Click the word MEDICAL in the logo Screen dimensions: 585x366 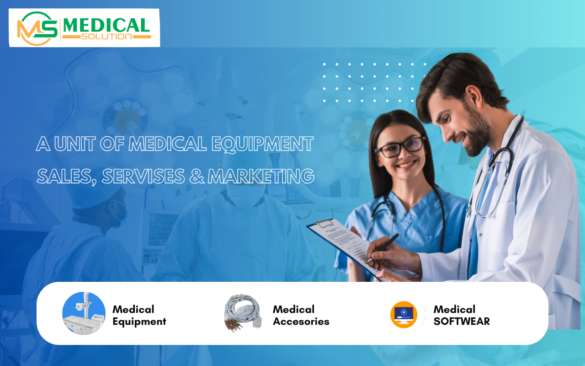pyautogui.click(x=106, y=25)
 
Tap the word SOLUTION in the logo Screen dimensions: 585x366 pyautogui.click(x=106, y=37)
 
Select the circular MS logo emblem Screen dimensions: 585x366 pyautogui.click(x=37, y=28)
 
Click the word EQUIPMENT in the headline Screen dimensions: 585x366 pyautogui.click(x=262, y=144)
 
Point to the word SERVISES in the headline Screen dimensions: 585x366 pyautogui.click(x=144, y=176)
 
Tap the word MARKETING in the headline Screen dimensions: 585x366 pyautogui.click(x=261, y=176)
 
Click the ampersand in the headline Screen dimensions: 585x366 pyautogui.click(x=197, y=176)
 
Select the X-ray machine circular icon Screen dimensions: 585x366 pyautogui.click(x=84, y=313)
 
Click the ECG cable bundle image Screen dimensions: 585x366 pyautogui.click(x=243, y=313)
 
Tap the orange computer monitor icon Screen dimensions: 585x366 pyautogui.click(x=404, y=314)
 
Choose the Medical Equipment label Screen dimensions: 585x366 pyautogui.click(x=139, y=315)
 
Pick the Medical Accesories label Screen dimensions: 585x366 pyautogui.click(x=301, y=315)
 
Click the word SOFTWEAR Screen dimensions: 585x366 pyautogui.click(x=462, y=321)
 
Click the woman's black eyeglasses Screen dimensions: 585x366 pyautogui.click(x=399, y=147)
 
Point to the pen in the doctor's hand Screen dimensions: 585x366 pyautogui.click(x=383, y=248)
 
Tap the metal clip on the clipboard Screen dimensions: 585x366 pyautogui.click(x=324, y=223)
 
